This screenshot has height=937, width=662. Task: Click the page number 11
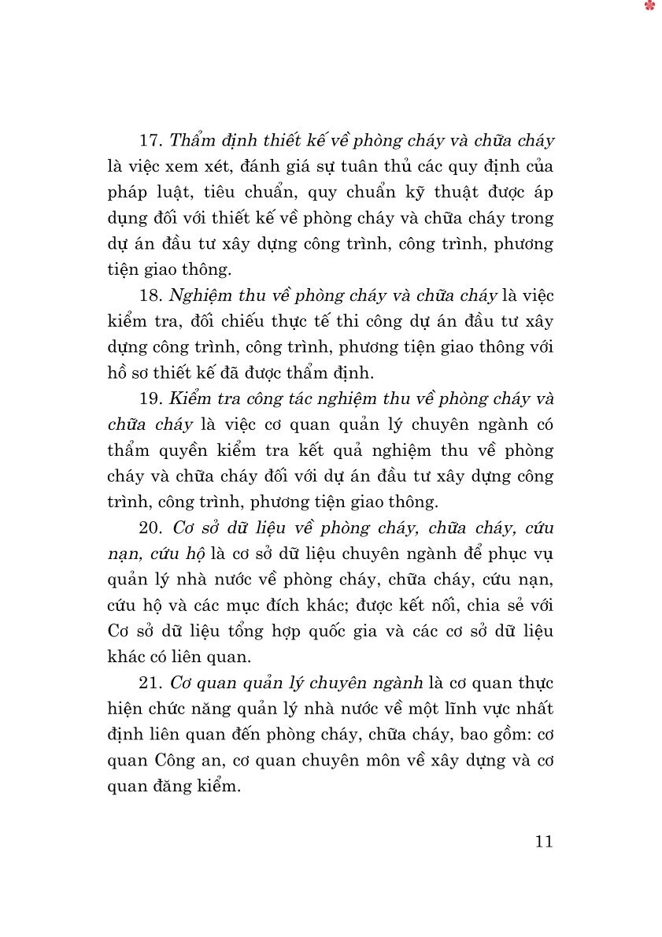544,842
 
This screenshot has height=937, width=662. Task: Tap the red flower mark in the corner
649,6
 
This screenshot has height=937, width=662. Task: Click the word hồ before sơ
118,373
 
